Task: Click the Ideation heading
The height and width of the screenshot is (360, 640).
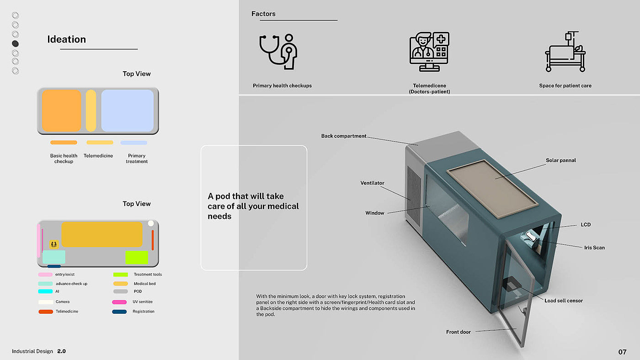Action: coord(66,39)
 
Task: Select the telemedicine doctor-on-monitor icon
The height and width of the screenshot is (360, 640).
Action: coord(429,51)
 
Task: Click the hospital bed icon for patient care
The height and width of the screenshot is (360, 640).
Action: coord(565,52)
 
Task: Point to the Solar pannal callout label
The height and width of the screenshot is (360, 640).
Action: coord(561,160)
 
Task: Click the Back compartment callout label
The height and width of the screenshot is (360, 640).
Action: coord(344,136)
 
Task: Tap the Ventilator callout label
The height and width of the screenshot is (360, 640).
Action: coord(372,183)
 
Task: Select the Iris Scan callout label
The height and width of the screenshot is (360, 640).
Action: coord(594,248)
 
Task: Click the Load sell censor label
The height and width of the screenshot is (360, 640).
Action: coord(564,301)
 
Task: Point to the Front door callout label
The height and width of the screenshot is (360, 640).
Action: coord(458,332)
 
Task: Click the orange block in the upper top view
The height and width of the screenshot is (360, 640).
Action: coord(61,111)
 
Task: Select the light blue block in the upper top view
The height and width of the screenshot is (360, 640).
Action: coord(127,111)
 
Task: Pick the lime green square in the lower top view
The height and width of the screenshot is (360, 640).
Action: coord(136,257)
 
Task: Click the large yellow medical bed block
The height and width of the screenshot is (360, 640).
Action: coord(101,234)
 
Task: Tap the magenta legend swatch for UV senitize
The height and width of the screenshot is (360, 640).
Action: coord(119,302)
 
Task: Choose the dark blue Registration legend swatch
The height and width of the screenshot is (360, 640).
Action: coord(119,312)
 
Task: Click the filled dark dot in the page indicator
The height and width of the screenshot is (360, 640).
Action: coord(15,43)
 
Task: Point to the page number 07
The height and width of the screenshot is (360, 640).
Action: coord(622,352)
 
